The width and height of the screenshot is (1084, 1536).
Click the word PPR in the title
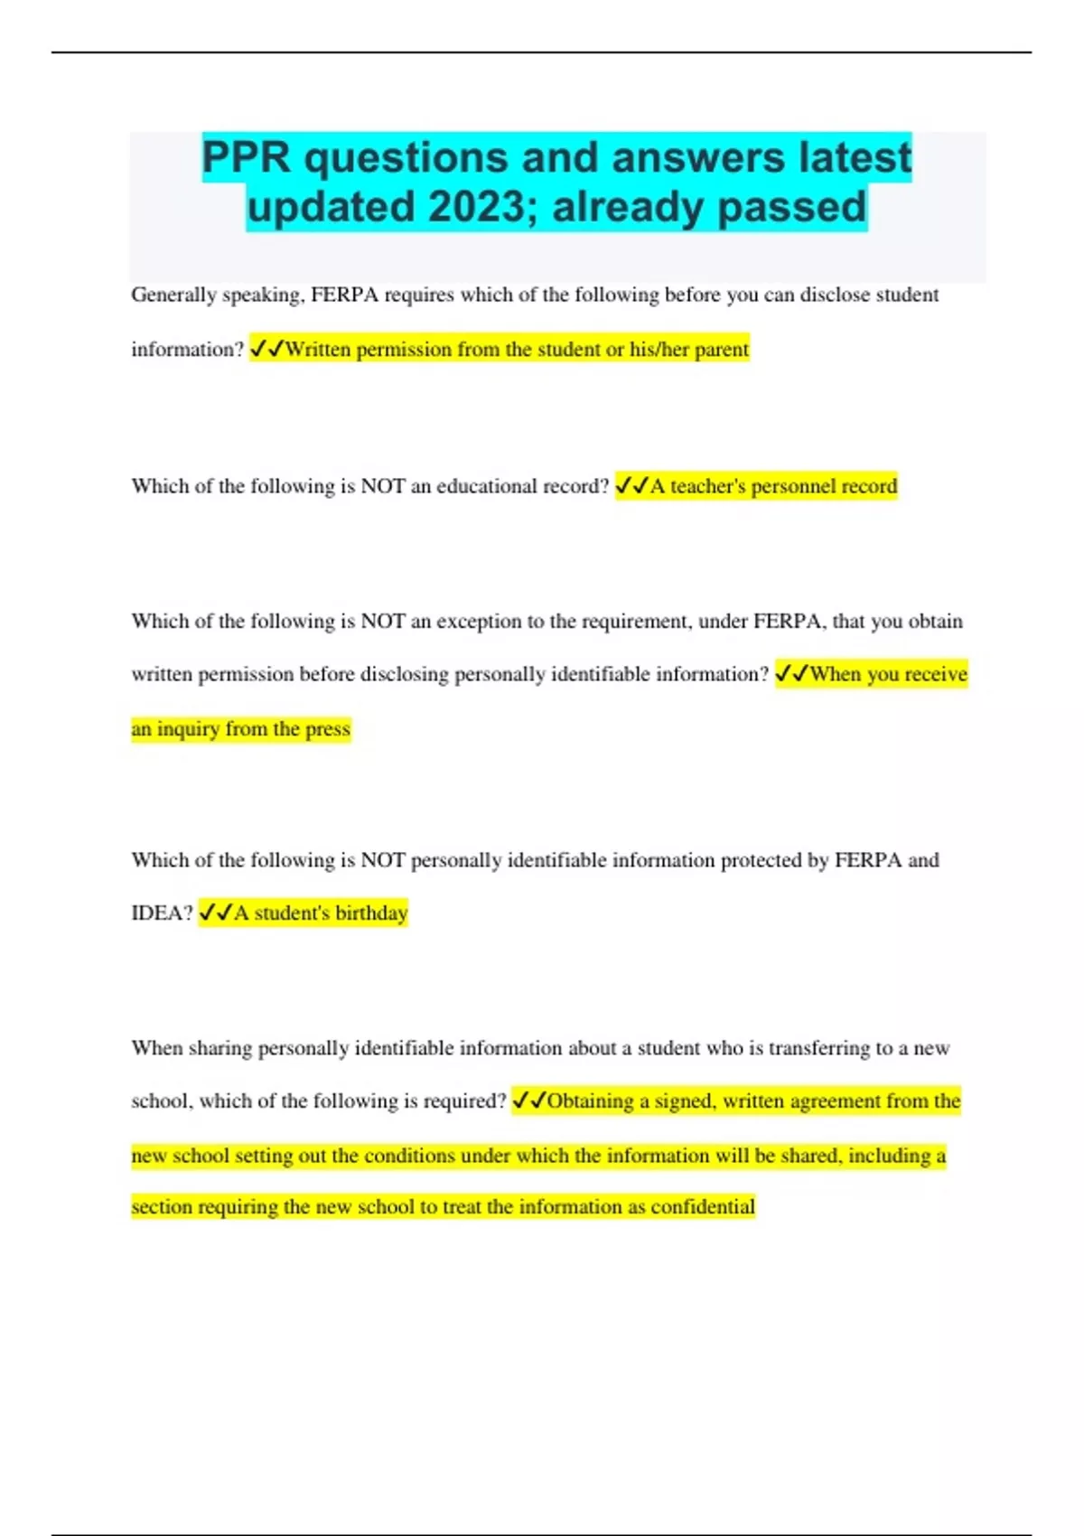(246, 158)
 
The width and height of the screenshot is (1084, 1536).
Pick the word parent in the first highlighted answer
(721, 350)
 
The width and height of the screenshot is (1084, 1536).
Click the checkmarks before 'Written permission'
(266, 350)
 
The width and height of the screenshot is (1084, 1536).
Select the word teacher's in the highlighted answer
(707, 486)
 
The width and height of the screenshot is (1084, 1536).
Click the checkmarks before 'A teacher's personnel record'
(631, 486)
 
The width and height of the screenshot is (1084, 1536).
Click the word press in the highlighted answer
(327, 729)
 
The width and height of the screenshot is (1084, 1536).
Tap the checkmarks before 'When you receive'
(791, 674)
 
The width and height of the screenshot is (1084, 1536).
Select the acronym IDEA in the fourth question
(161, 913)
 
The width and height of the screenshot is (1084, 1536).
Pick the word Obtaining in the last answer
(590, 1101)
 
